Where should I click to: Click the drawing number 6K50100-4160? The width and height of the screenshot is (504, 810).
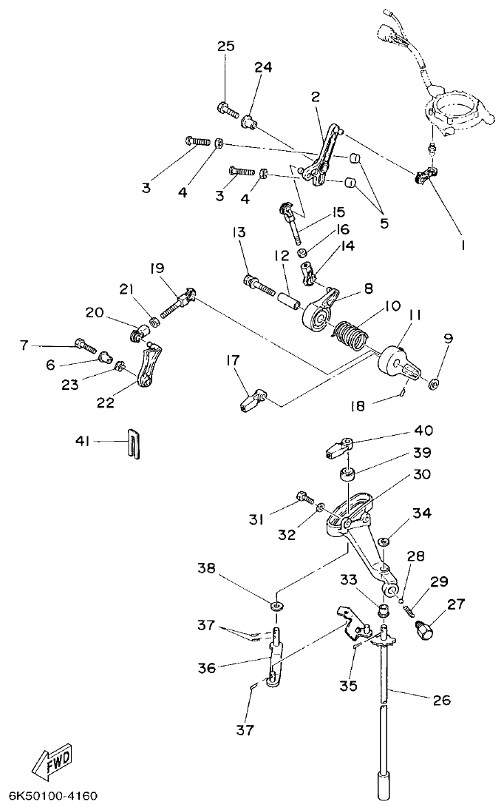52,797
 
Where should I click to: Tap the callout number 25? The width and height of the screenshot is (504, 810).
225,47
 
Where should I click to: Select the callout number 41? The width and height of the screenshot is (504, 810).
82,441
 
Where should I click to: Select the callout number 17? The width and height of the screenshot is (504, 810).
233,360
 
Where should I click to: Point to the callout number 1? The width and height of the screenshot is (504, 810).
463,243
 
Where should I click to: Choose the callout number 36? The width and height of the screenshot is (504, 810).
207,667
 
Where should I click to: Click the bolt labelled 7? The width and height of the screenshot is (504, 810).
83,344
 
